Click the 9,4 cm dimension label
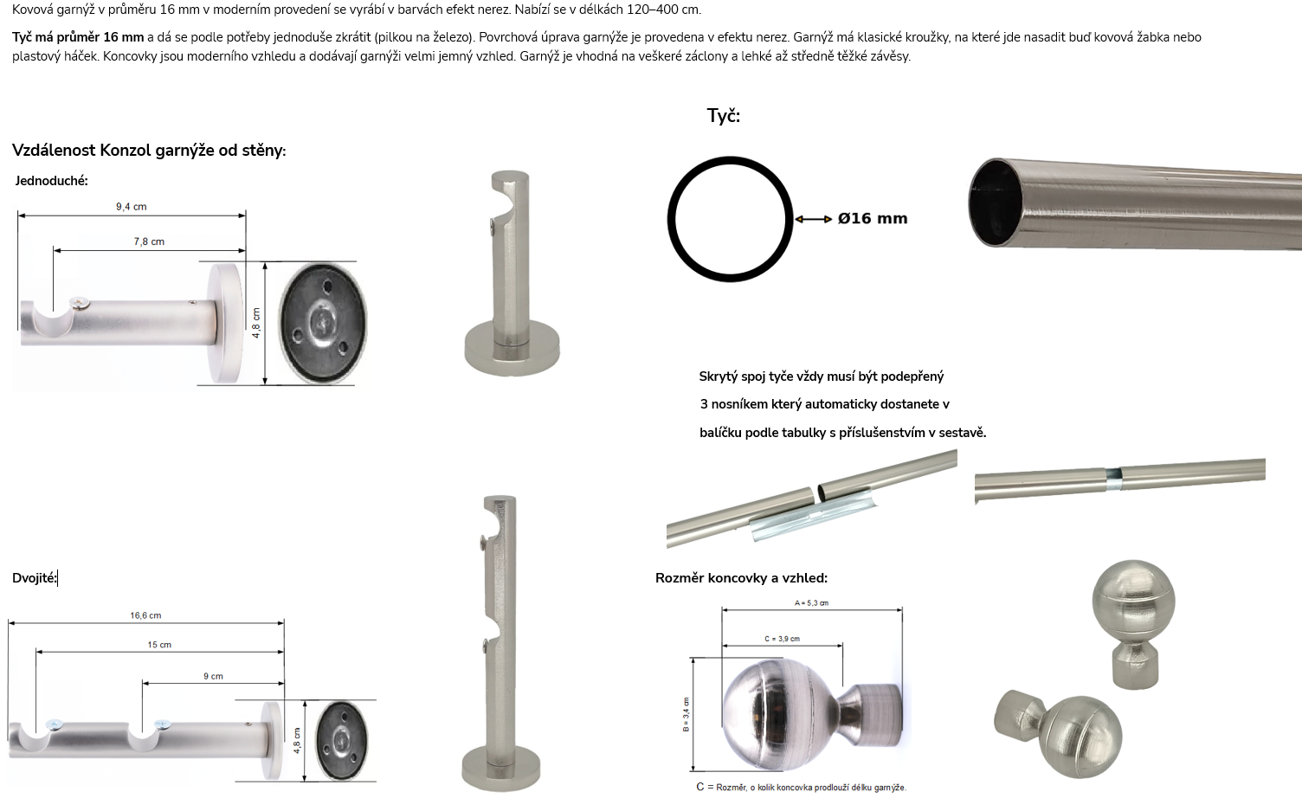click(132, 206)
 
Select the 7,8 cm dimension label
click(150, 241)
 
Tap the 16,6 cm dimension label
click(146, 615)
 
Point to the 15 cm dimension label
click(159, 645)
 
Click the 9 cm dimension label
click(213, 676)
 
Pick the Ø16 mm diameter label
click(873, 218)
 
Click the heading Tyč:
click(724, 116)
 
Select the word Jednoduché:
click(51, 181)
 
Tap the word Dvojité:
click(35, 577)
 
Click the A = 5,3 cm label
click(811, 602)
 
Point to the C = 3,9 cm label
click(783, 639)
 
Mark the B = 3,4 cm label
click(686, 714)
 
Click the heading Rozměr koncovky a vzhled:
click(741, 577)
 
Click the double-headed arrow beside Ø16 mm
click(814, 219)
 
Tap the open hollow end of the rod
click(995, 203)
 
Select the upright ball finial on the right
click(1133, 624)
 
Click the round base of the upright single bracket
click(512, 350)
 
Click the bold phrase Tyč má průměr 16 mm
click(78, 37)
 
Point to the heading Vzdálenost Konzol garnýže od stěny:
click(149, 151)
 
